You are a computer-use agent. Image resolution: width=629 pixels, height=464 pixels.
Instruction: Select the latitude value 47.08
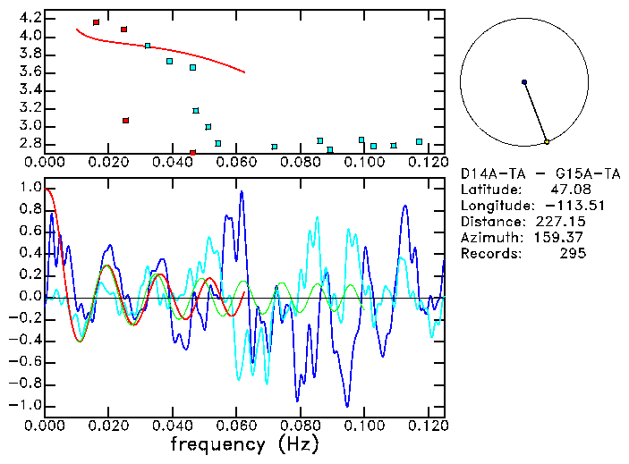tap(568, 190)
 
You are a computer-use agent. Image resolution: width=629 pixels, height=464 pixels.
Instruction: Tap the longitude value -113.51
tap(561, 206)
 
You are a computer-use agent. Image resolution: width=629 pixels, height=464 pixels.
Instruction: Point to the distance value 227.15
tap(565, 222)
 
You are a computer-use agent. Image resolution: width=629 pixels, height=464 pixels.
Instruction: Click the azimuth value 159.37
tap(565, 238)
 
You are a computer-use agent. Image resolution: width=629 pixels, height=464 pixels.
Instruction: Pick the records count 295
tap(572, 254)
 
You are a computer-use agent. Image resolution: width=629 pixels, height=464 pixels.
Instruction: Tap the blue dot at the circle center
tap(524, 82)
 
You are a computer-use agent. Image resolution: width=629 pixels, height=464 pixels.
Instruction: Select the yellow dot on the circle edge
tap(547, 142)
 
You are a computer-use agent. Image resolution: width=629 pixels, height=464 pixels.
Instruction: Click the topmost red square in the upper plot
tap(96, 22)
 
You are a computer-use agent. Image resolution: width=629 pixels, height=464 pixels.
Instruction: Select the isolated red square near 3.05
tap(126, 120)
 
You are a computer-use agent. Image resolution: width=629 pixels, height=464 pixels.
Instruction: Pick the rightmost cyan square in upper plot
tap(419, 141)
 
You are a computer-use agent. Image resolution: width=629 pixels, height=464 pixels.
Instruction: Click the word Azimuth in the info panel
tap(489, 238)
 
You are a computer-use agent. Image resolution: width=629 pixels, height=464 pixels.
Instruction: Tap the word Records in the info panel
tap(489, 254)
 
